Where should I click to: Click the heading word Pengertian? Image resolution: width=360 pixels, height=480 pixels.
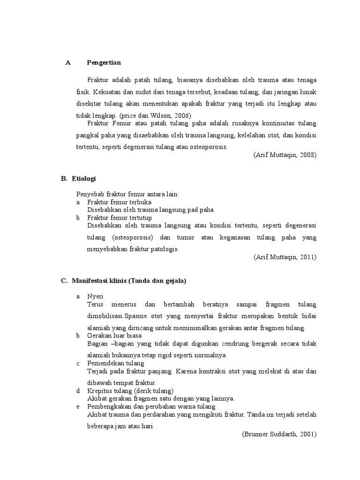(x=104, y=63)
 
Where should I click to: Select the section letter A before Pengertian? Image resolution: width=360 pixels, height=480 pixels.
(x=67, y=63)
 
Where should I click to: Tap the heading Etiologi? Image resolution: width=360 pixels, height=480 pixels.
(x=84, y=179)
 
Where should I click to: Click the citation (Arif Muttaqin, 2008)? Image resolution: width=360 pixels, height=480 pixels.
(x=285, y=155)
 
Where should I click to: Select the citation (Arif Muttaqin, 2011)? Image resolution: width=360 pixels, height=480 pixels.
(x=285, y=257)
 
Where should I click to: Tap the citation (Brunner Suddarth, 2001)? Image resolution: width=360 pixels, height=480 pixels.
(x=279, y=435)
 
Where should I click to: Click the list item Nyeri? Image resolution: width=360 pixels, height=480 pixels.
(x=95, y=297)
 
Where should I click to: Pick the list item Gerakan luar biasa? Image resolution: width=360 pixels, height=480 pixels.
(x=114, y=336)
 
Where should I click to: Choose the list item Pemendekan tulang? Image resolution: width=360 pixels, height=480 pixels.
(x=115, y=363)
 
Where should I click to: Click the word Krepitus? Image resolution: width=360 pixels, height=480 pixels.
(x=99, y=391)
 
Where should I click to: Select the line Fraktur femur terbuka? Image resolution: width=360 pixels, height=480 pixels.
(x=119, y=202)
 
